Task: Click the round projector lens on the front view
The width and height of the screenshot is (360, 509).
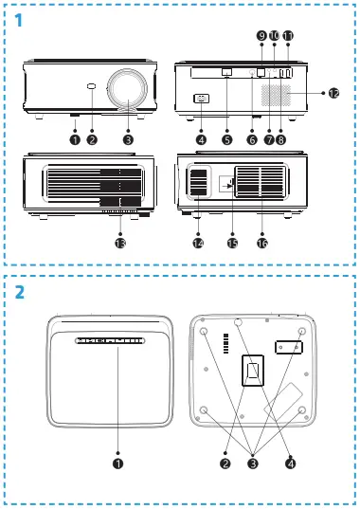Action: coord(125,89)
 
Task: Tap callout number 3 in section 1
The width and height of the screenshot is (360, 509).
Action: coord(127,139)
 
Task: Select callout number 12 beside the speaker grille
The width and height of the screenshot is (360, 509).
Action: coord(333,93)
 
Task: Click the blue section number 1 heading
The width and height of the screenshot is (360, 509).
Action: coord(19,19)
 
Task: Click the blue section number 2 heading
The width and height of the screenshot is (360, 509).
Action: coord(19,292)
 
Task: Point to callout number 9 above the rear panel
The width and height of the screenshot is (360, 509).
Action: coord(261,35)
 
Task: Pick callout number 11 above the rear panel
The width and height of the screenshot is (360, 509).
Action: coord(288,35)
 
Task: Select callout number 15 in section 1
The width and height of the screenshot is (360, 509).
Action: coord(231,243)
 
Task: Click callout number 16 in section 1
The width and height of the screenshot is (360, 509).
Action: coord(262,243)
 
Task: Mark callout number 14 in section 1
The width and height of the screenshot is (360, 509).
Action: coord(198,243)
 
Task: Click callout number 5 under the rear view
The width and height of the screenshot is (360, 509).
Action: coord(227,139)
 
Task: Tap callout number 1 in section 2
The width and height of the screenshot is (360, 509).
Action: coord(117,464)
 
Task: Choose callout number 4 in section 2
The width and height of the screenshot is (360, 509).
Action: coord(290,464)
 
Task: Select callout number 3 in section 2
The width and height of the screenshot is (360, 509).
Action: coord(252,464)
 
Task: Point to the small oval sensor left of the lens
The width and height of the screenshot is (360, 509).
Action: coord(92,88)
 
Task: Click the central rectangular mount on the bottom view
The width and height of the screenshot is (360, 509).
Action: coord(252,373)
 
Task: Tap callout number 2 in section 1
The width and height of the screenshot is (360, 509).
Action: coord(92,139)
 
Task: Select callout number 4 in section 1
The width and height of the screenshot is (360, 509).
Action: coord(200,139)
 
